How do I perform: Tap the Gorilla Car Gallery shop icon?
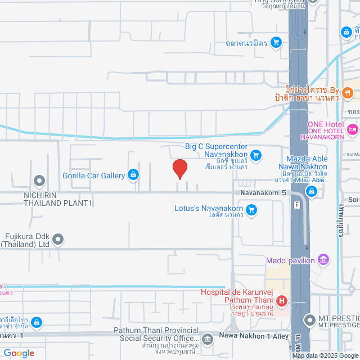[133, 175]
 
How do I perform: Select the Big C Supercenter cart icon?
[256, 155]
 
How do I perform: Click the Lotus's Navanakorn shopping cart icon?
[251, 210]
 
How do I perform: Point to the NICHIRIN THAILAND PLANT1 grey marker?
[39, 181]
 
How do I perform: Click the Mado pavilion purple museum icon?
[323, 260]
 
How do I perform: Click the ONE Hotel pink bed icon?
[353, 130]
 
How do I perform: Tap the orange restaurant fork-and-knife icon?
[348, 92]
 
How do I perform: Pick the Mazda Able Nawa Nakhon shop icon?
[312, 192]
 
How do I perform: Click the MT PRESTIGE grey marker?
[309, 321]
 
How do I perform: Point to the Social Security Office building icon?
[208, 339]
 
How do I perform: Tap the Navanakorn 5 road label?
[264, 192]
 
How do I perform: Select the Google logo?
[18, 353]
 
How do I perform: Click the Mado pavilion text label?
[291, 260]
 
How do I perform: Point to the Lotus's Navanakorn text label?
[209, 209]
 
